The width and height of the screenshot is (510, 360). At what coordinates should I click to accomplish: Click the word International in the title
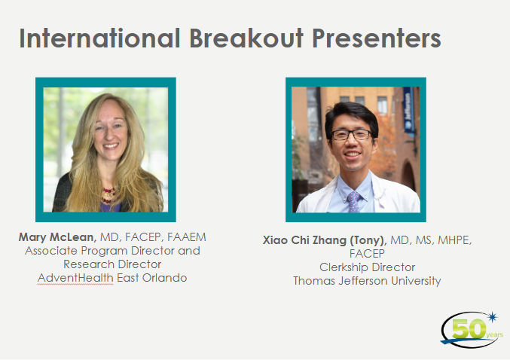pyautogui.click(x=99, y=38)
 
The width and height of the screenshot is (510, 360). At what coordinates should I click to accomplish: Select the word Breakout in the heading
pyautogui.click(x=246, y=38)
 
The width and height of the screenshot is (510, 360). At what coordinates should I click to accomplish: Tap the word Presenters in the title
pyautogui.click(x=377, y=38)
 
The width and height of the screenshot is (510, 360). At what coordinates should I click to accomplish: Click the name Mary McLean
pyautogui.click(x=57, y=237)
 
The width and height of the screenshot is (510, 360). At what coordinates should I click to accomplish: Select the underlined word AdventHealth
pyautogui.click(x=75, y=278)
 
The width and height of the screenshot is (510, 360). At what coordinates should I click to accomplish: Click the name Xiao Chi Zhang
pyautogui.click(x=304, y=240)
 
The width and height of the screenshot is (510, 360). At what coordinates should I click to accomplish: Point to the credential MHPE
pyautogui.click(x=455, y=240)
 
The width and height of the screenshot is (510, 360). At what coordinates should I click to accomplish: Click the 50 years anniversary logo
pyautogui.click(x=472, y=329)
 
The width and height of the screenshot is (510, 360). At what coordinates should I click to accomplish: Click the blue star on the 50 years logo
pyautogui.click(x=493, y=317)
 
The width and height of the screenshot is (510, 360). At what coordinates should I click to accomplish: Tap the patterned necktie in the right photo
pyautogui.click(x=354, y=202)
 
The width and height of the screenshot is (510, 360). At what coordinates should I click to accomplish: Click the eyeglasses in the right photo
pyautogui.click(x=352, y=134)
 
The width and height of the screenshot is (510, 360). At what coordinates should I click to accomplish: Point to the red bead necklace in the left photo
pyautogui.click(x=109, y=194)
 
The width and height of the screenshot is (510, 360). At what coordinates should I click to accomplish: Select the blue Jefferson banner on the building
pyautogui.click(x=409, y=111)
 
